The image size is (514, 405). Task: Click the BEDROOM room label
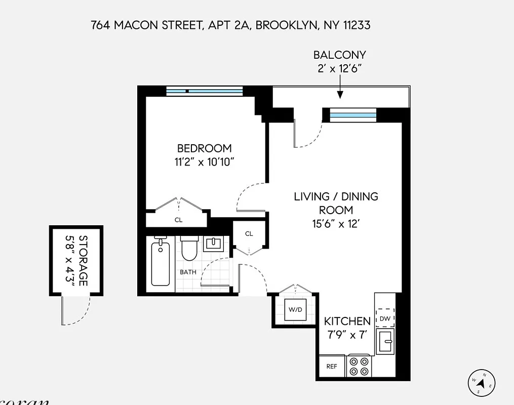click(x=204, y=148)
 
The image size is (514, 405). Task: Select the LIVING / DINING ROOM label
click(x=336, y=202)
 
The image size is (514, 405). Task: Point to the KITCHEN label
click(x=347, y=321)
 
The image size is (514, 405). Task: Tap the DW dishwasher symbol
click(x=385, y=318)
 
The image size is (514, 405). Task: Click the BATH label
click(x=188, y=272)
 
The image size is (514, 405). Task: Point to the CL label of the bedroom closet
click(x=178, y=220)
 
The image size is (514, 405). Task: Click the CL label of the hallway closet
click(x=249, y=234)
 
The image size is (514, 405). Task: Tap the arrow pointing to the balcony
click(x=340, y=92)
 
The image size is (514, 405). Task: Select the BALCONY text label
click(x=339, y=55)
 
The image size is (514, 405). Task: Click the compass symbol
click(x=482, y=383)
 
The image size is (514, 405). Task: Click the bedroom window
click(x=205, y=91)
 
